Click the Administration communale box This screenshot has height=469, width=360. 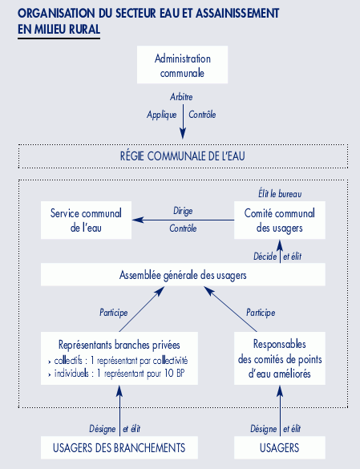[x=182, y=65]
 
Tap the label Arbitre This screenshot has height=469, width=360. [x=181, y=97]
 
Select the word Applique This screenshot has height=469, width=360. [x=162, y=115]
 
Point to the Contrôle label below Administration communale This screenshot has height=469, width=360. [x=202, y=115]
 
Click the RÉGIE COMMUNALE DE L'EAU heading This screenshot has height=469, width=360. [x=183, y=156]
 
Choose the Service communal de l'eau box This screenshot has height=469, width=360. [x=86, y=220]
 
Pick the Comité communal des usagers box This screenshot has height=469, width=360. [x=280, y=220]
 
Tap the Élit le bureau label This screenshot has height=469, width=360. [x=280, y=194]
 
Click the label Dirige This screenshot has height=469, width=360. [x=183, y=211]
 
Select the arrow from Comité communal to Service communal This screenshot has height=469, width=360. [x=183, y=220]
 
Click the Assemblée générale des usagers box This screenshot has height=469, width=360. [x=183, y=274]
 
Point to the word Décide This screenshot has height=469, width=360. [x=265, y=257]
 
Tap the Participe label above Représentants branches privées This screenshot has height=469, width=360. [x=113, y=313]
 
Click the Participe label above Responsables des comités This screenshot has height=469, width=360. [x=261, y=313]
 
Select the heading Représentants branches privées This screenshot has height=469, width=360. [x=119, y=345]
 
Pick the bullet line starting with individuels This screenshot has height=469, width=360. [x=117, y=374]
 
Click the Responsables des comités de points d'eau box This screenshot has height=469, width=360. [x=280, y=358]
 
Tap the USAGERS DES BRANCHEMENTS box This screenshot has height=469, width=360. [x=119, y=447]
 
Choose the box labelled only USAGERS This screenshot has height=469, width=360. [x=280, y=447]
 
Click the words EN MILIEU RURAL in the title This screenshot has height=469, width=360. [x=59, y=30]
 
